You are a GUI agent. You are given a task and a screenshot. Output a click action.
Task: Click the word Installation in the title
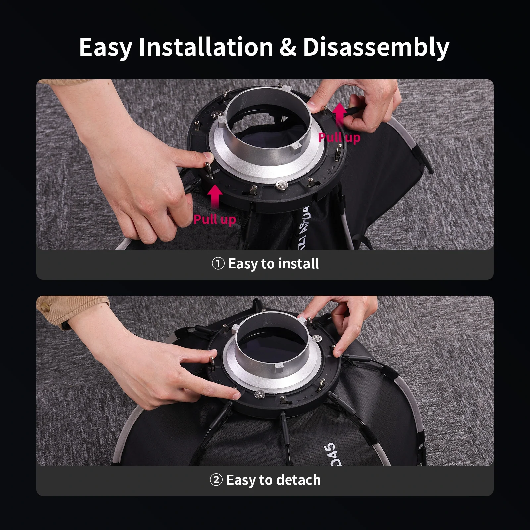pos(205,47)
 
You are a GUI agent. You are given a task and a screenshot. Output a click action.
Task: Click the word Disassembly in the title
pos(376,47)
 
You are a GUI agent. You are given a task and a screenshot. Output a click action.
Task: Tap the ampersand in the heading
pos(288,47)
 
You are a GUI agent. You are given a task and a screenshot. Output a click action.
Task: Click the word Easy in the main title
pos(105,47)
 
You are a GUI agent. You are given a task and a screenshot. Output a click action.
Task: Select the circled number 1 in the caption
pos(218,264)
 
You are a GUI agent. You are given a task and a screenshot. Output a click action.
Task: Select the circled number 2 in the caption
pos(216,480)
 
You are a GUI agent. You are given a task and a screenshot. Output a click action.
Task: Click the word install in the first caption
pos(298,264)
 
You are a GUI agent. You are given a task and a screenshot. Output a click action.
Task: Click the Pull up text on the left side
pos(215,219)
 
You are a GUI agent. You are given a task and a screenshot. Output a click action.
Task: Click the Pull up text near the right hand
pos(339,137)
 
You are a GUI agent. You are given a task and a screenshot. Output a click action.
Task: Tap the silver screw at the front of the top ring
pos(281,185)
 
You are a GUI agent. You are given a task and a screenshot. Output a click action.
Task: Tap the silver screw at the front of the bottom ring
pos(259,394)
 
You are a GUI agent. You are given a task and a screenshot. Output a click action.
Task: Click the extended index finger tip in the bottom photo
pos(236,395)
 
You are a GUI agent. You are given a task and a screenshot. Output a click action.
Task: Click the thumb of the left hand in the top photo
pos(205,156)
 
